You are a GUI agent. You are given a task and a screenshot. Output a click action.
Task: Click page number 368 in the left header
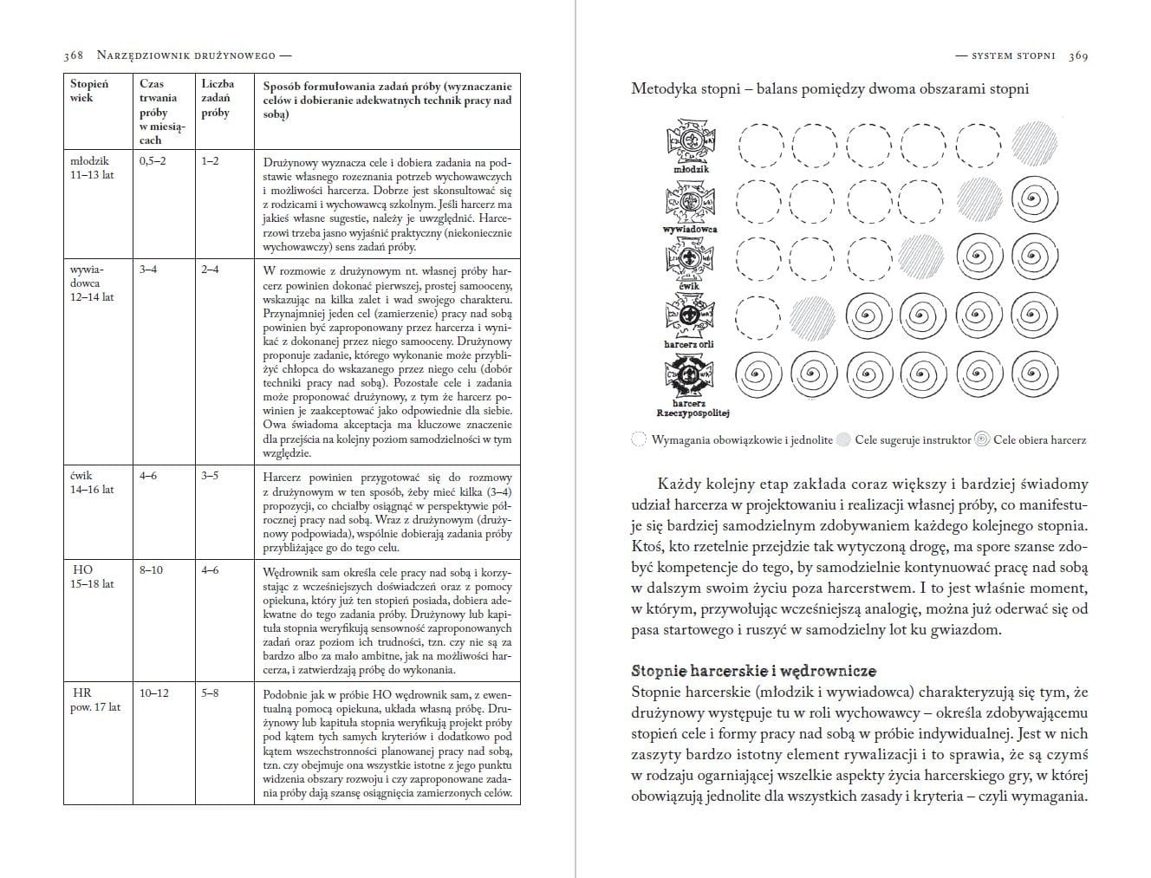[73, 55]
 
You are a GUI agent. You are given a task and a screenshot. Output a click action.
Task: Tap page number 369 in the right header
[1078, 55]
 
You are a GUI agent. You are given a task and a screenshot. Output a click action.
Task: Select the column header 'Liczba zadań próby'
[217, 98]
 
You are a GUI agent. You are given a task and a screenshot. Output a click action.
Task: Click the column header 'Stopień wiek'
[88, 91]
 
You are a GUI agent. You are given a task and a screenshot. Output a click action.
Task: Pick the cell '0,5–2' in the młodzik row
[152, 160]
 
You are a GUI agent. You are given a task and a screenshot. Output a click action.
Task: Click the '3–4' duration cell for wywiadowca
[148, 270]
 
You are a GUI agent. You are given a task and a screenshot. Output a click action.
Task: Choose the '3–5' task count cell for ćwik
[210, 476]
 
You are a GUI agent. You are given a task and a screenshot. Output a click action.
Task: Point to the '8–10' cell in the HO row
[151, 570]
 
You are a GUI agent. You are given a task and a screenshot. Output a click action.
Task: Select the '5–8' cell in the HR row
[210, 693]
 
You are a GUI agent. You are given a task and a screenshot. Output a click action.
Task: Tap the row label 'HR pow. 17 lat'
[94, 700]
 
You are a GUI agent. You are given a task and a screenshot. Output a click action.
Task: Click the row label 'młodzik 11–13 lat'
[91, 167]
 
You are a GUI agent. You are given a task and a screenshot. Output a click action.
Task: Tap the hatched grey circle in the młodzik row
[1034, 144]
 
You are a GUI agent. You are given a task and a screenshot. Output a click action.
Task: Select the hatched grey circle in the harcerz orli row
[812, 317]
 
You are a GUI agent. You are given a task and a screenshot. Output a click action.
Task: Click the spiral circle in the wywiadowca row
[1034, 201]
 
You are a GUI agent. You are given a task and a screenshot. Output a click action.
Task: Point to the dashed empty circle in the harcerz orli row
[758, 317]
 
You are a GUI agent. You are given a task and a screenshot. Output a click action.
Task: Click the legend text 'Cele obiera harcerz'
[1039, 440]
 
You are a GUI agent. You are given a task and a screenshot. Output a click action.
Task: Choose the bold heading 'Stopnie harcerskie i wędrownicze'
[753, 671]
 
